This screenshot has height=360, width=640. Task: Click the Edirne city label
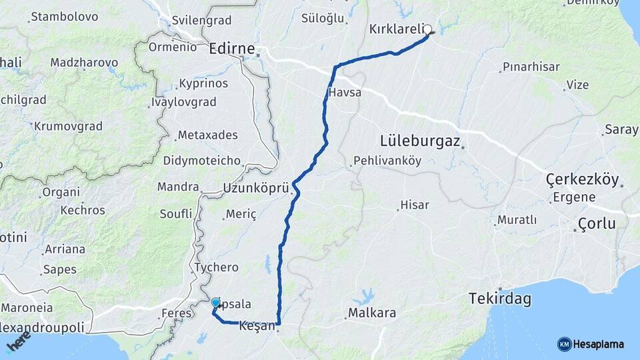click(x=231, y=49)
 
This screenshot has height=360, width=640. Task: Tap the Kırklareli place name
click(x=396, y=29)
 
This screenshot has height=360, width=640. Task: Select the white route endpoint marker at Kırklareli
click(x=428, y=29)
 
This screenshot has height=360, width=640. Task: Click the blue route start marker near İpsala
click(x=215, y=303)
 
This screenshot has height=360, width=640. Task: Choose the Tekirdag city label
click(x=500, y=299)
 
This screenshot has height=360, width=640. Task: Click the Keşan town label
click(x=257, y=326)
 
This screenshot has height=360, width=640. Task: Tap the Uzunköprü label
click(x=256, y=188)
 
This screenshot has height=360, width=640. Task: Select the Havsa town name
click(x=345, y=93)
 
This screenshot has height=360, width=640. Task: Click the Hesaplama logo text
click(x=598, y=344)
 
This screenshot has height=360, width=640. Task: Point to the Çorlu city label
click(x=597, y=223)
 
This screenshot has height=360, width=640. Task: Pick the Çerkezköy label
click(x=582, y=179)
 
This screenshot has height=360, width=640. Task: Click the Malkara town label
click(x=372, y=313)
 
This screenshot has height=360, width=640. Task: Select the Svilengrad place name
click(x=201, y=20)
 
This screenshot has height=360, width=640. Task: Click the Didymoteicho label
click(x=201, y=161)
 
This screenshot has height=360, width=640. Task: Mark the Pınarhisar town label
click(x=531, y=67)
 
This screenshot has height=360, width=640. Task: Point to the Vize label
click(x=577, y=85)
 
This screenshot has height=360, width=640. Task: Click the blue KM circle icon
click(x=564, y=344)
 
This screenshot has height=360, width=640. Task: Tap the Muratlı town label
click(x=517, y=219)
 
